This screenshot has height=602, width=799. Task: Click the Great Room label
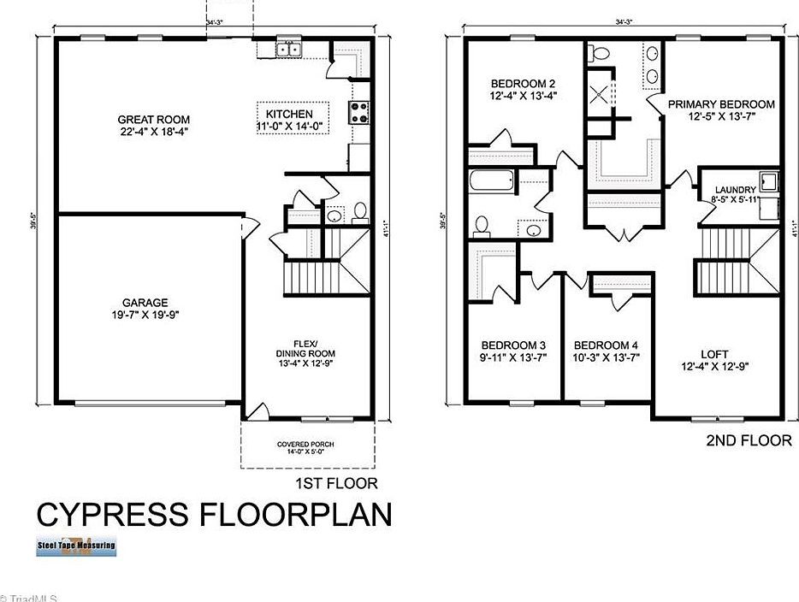pos(154,120)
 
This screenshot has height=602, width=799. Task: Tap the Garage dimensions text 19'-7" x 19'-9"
pos(145,315)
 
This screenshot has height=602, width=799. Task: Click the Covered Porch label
pos(305,445)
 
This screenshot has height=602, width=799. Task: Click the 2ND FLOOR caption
pos(749,441)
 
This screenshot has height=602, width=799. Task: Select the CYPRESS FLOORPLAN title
pos(214,515)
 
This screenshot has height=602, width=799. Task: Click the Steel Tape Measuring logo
pos(76,546)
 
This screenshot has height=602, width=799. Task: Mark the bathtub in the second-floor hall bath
pos(491,181)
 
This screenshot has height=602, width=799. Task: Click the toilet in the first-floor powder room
pos(359,210)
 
